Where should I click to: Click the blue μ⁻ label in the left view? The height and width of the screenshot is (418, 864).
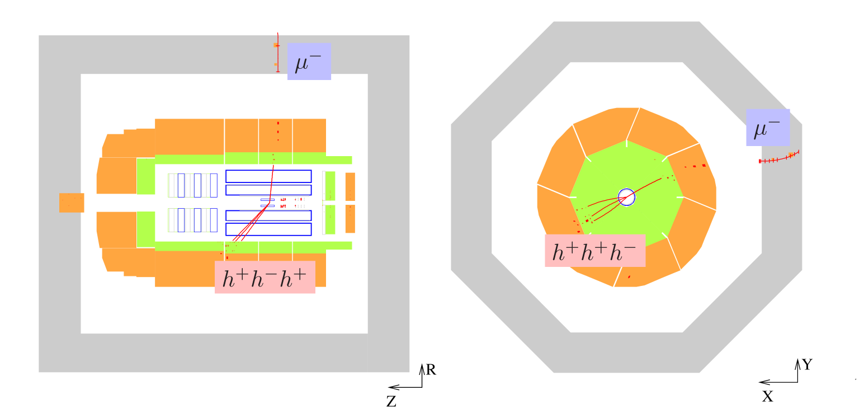[x=309, y=62]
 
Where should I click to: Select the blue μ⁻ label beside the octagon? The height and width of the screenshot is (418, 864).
[x=767, y=128]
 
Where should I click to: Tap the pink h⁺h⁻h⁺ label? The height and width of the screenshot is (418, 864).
[x=265, y=277]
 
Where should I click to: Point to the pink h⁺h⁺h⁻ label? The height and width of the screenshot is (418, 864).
[x=595, y=251]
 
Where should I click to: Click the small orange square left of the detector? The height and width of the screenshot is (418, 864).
[x=72, y=203]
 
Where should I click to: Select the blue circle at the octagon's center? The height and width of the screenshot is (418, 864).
[x=626, y=197]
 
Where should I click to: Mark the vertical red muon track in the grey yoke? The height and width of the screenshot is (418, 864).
[x=277, y=53]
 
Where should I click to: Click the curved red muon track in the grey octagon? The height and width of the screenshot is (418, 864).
[x=779, y=159]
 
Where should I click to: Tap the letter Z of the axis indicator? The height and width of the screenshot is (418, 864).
[x=392, y=401]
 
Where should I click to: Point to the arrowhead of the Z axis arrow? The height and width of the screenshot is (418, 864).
[x=391, y=387]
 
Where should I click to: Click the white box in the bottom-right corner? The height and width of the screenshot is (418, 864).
[x=828, y=392]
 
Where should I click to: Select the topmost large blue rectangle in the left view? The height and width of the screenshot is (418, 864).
[x=268, y=176]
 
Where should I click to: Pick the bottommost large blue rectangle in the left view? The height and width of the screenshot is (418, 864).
[x=268, y=229]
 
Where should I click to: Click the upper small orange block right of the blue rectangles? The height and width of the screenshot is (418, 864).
[x=350, y=186]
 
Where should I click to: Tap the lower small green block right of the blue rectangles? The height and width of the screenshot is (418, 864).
[x=330, y=219]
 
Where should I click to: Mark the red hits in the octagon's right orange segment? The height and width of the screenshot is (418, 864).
[x=696, y=166]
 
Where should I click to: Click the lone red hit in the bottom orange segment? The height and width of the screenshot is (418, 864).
[x=629, y=276]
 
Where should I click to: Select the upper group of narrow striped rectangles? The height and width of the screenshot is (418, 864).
[x=192, y=185]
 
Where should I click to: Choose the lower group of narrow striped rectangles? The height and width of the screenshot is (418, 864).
[x=192, y=220]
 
